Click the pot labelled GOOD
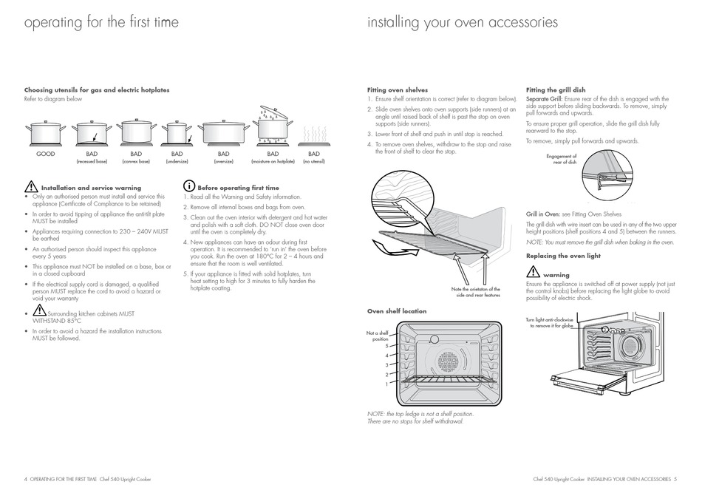tap(46, 134)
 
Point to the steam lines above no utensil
tap(313, 133)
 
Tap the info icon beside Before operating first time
tap(189, 187)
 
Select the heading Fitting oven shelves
tap(398, 90)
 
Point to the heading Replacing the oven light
tap(563, 256)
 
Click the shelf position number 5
tap(386, 346)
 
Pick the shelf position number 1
tap(386, 384)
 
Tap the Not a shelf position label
tap(378, 336)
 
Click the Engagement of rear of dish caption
tap(562, 159)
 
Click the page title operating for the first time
tap(101, 22)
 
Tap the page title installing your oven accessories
tap(463, 22)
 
